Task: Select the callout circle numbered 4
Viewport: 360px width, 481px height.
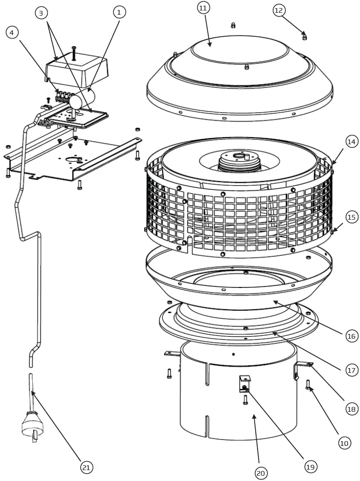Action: click(x=12, y=32)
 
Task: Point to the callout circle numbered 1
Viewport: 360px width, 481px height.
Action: click(x=119, y=12)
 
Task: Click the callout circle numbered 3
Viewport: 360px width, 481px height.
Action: click(x=42, y=13)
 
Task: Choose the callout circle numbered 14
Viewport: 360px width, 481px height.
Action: click(x=351, y=142)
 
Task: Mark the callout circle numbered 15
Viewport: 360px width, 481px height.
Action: click(x=351, y=217)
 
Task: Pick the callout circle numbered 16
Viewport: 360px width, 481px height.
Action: click(x=351, y=336)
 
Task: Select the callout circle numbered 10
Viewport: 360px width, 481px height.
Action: click(x=345, y=443)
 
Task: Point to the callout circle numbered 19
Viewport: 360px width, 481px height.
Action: click(x=310, y=467)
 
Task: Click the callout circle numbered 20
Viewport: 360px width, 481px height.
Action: click(x=261, y=473)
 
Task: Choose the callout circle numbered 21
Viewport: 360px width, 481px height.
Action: click(x=86, y=467)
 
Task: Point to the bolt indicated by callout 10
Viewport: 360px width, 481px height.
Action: click(x=308, y=385)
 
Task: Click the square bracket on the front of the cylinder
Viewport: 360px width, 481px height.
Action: click(x=245, y=383)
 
